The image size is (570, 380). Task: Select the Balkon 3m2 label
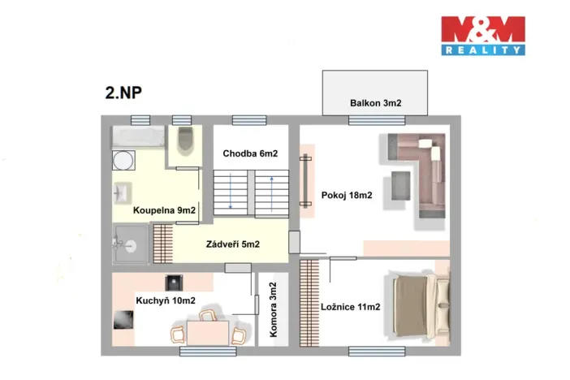click(376, 103)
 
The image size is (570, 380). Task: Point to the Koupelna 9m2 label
click(165, 210)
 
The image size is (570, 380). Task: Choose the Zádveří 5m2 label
click(233, 244)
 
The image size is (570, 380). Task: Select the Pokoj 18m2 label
click(346, 194)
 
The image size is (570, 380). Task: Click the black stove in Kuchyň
click(172, 283)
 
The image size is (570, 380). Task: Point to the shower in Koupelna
click(130, 244)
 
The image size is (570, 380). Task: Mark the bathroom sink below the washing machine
click(123, 194)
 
